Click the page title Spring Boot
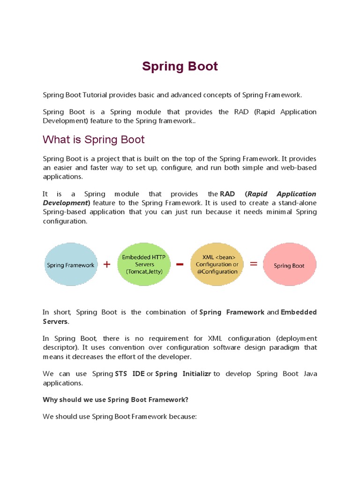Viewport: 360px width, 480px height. point(180,67)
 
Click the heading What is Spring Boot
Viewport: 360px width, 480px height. point(94,139)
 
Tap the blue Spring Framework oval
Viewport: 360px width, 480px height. point(70,265)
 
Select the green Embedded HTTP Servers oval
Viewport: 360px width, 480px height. point(143,264)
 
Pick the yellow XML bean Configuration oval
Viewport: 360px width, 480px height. point(217,264)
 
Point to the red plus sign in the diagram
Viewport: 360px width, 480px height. point(107,264)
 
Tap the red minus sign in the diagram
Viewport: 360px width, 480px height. point(180,264)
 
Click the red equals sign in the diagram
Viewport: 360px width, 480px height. point(254,264)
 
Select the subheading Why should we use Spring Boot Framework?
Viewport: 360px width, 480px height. point(115,399)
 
